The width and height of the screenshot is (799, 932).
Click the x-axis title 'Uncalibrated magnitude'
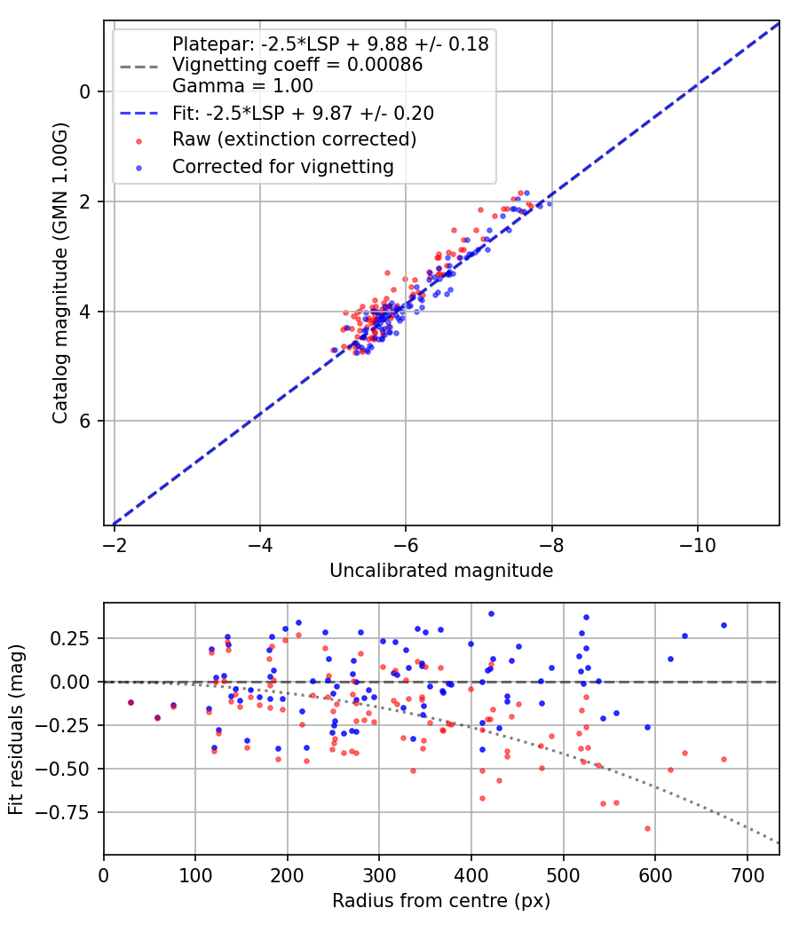pyautogui.click(x=441, y=571)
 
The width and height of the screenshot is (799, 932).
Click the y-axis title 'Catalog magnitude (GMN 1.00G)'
pyautogui.click(x=59, y=272)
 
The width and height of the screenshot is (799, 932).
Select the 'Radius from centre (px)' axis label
pyautogui.click(x=441, y=901)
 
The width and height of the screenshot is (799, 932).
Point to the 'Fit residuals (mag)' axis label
pyautogui.click(x=17, y=729)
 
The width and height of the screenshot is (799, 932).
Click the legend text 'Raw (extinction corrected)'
pyautogui.click(x=294, y=139)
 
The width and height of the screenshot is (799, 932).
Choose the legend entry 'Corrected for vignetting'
pyautogui.click(x=282, y=166)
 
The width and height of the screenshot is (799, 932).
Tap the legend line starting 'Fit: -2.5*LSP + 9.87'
pyautogui.click(x=303, y=113)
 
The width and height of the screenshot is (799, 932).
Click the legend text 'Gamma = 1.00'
pyautogui.click(x=242, y=86)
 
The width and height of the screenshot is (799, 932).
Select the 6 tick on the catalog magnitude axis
pyautogui.click(x=85, y=421)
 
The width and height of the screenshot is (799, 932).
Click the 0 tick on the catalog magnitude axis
pyautogui.click(x=85, y=91)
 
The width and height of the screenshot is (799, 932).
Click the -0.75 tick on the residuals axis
pyautogui.click(x=71, y=812)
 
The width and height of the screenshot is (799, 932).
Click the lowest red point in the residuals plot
pyautogui.click(x=647, y=828)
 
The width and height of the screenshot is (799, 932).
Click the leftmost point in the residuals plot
pyautogui.click(x=131, y=702)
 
